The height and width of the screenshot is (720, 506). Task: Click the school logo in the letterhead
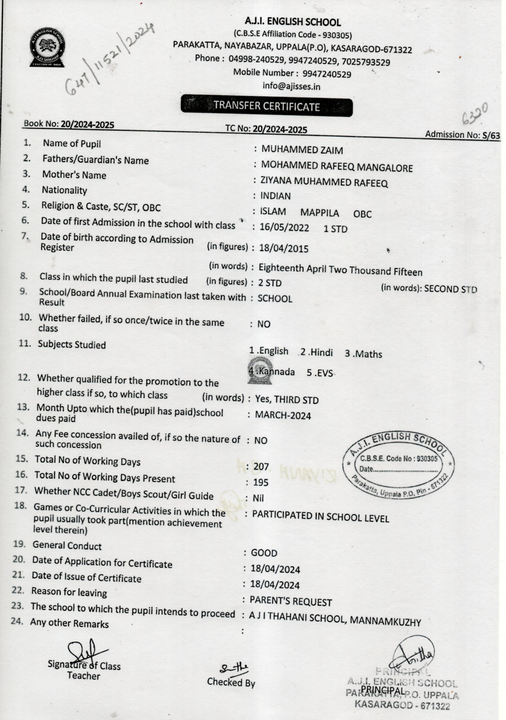(48, 47)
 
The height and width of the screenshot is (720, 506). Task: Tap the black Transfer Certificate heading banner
(267, 106)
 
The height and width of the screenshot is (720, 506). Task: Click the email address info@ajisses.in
(291, 86)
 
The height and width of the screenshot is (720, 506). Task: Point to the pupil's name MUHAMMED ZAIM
(302, 150)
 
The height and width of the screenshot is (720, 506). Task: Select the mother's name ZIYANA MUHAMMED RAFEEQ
(324, 181)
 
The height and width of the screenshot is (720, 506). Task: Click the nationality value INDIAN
(275, 196)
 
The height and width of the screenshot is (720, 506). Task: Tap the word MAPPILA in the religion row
(320, 213)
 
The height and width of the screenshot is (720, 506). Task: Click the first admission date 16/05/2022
(284, 228)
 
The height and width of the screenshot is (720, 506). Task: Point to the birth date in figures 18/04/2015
(283, 249)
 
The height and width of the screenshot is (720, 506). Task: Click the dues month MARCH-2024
(283, 416)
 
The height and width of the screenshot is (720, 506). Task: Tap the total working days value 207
(261, 467)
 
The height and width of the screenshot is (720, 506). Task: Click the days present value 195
(261, 482)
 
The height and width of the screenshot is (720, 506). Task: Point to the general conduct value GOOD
(264, 553)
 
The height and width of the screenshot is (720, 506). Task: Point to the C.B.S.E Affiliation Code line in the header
(292, 34)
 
